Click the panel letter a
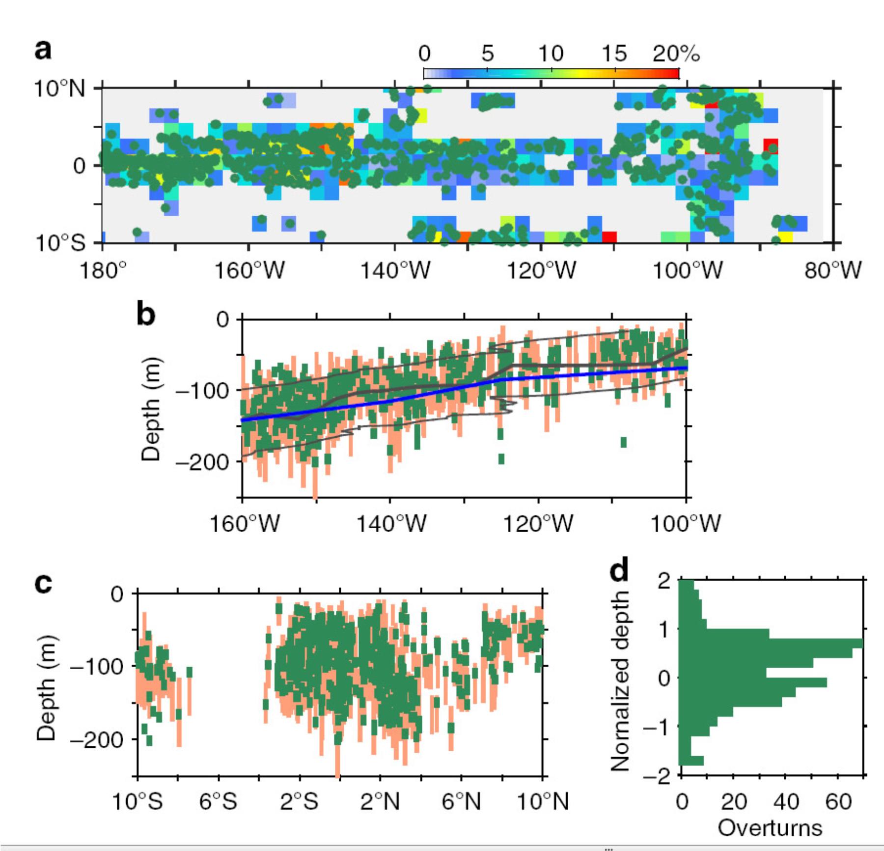[43, 50]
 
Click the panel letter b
[146, 314]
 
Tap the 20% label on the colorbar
[676, 53]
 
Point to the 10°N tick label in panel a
[59, 89]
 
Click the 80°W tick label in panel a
[833, 270]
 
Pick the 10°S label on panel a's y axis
[59, 242]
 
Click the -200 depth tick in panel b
[202, 461]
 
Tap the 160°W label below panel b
[244, 524]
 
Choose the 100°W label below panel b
[686, 524]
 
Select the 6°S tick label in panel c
[218, 802]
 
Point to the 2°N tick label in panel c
[380, 802]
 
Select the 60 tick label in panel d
[838, 802]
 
